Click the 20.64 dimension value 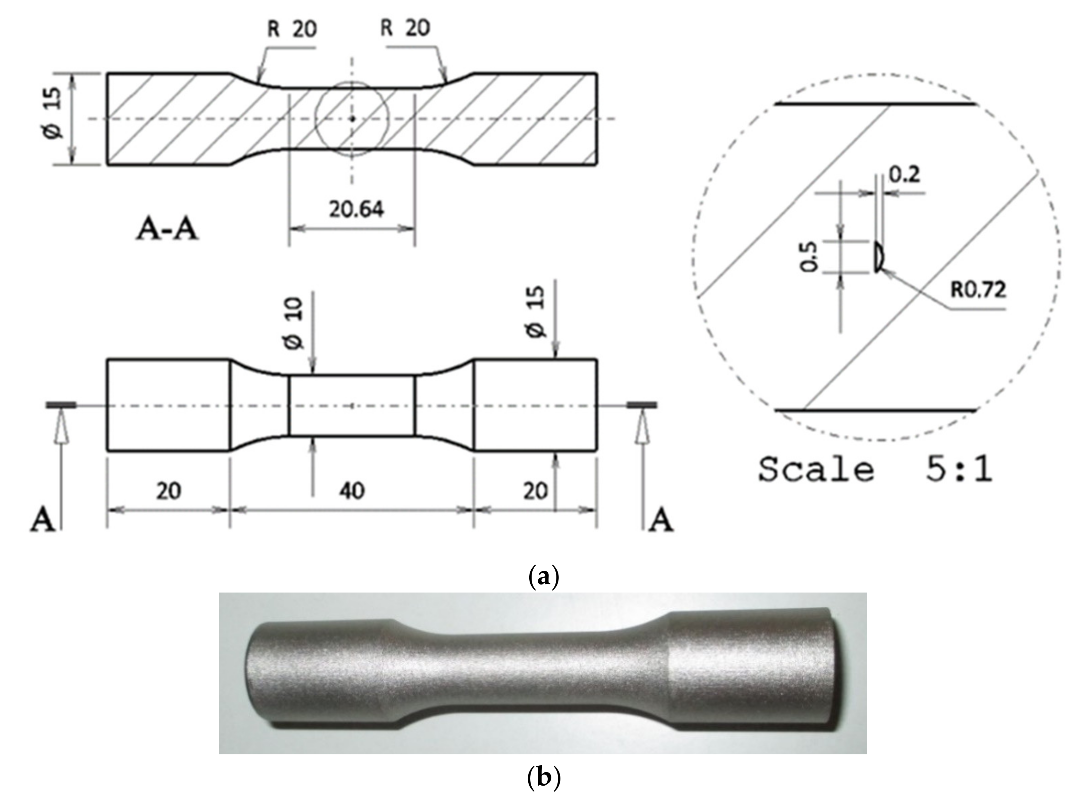[356, 209]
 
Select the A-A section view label [167, 228]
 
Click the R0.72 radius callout [978, 290]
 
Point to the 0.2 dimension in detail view [904, 175]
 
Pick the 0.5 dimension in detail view [809, 256]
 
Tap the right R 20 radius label [405, 28]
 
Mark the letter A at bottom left [43, 521]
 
